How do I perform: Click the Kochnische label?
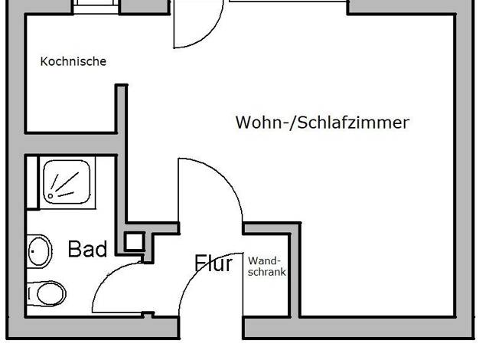[x=73, y=61]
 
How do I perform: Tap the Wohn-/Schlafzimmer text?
[x=322, y=123]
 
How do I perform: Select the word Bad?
[x=87, y=249]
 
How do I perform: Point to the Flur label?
[x=213, y=263]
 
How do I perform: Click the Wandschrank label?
[x=267, y=267]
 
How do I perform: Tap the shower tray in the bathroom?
[x=67, y=182]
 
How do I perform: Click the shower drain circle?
[x=50, y=196]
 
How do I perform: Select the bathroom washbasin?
[x=39, y=251]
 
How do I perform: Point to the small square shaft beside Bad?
[x=134, y=241]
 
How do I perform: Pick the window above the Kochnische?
[x=96, y=6]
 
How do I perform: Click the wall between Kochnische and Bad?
[x=71, y=144]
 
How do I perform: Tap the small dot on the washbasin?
[x=33, y=251]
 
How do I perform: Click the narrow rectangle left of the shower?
[x=32, y=183]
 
